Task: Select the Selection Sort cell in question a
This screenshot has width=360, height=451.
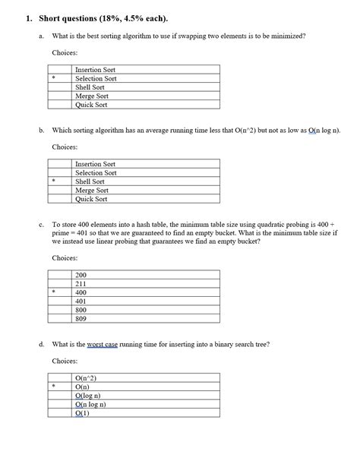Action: pos(96,78)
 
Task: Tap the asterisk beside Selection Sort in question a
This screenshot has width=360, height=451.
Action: pos(54,78)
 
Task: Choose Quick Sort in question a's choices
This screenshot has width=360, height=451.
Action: pos(91,105)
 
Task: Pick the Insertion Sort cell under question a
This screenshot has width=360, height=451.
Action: pos(95,70)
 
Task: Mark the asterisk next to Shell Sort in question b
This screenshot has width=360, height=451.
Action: pos(54,181)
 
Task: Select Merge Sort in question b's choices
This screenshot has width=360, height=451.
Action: pos(91,191)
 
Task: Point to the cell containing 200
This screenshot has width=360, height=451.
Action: pos(81,275)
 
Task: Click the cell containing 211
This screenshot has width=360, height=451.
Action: pos(81,284)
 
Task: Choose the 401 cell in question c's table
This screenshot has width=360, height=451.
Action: pos(81,301)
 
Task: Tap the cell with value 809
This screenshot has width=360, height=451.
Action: pos(81,319)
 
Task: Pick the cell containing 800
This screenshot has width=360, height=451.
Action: pos(81,310)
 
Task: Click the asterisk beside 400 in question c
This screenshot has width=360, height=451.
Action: pos(54,292)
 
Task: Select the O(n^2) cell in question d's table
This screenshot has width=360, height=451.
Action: pos(86,378)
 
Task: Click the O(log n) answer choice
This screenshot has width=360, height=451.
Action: pos(88,396)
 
